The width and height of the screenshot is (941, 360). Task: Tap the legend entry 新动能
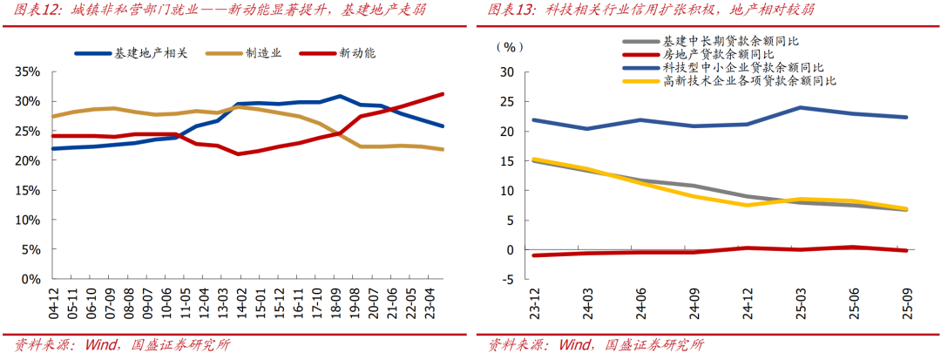pos(355,53)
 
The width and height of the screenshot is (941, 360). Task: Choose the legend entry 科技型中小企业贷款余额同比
pos(743,67)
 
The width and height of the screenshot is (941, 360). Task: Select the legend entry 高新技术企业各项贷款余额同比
pos(749,80)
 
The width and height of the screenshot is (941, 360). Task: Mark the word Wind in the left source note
pos(100,345)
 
